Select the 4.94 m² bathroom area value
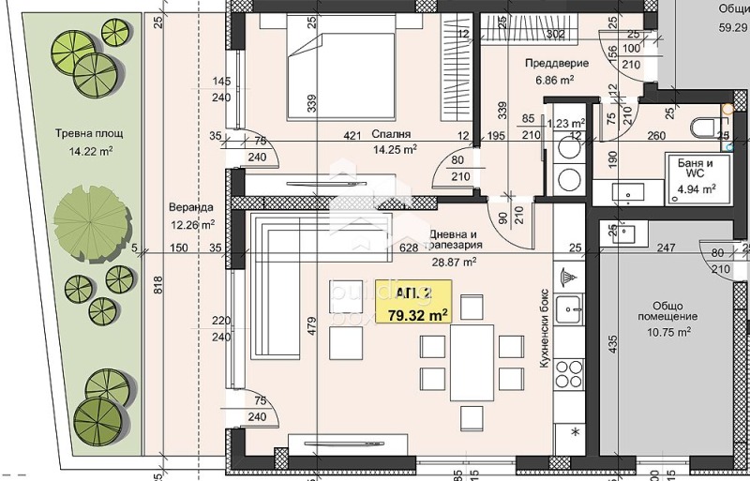[x=697, y=188]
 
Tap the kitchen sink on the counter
[x=569, y=308]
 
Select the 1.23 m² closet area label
[x=566, y=122]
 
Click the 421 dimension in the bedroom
[x=352, y=135]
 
